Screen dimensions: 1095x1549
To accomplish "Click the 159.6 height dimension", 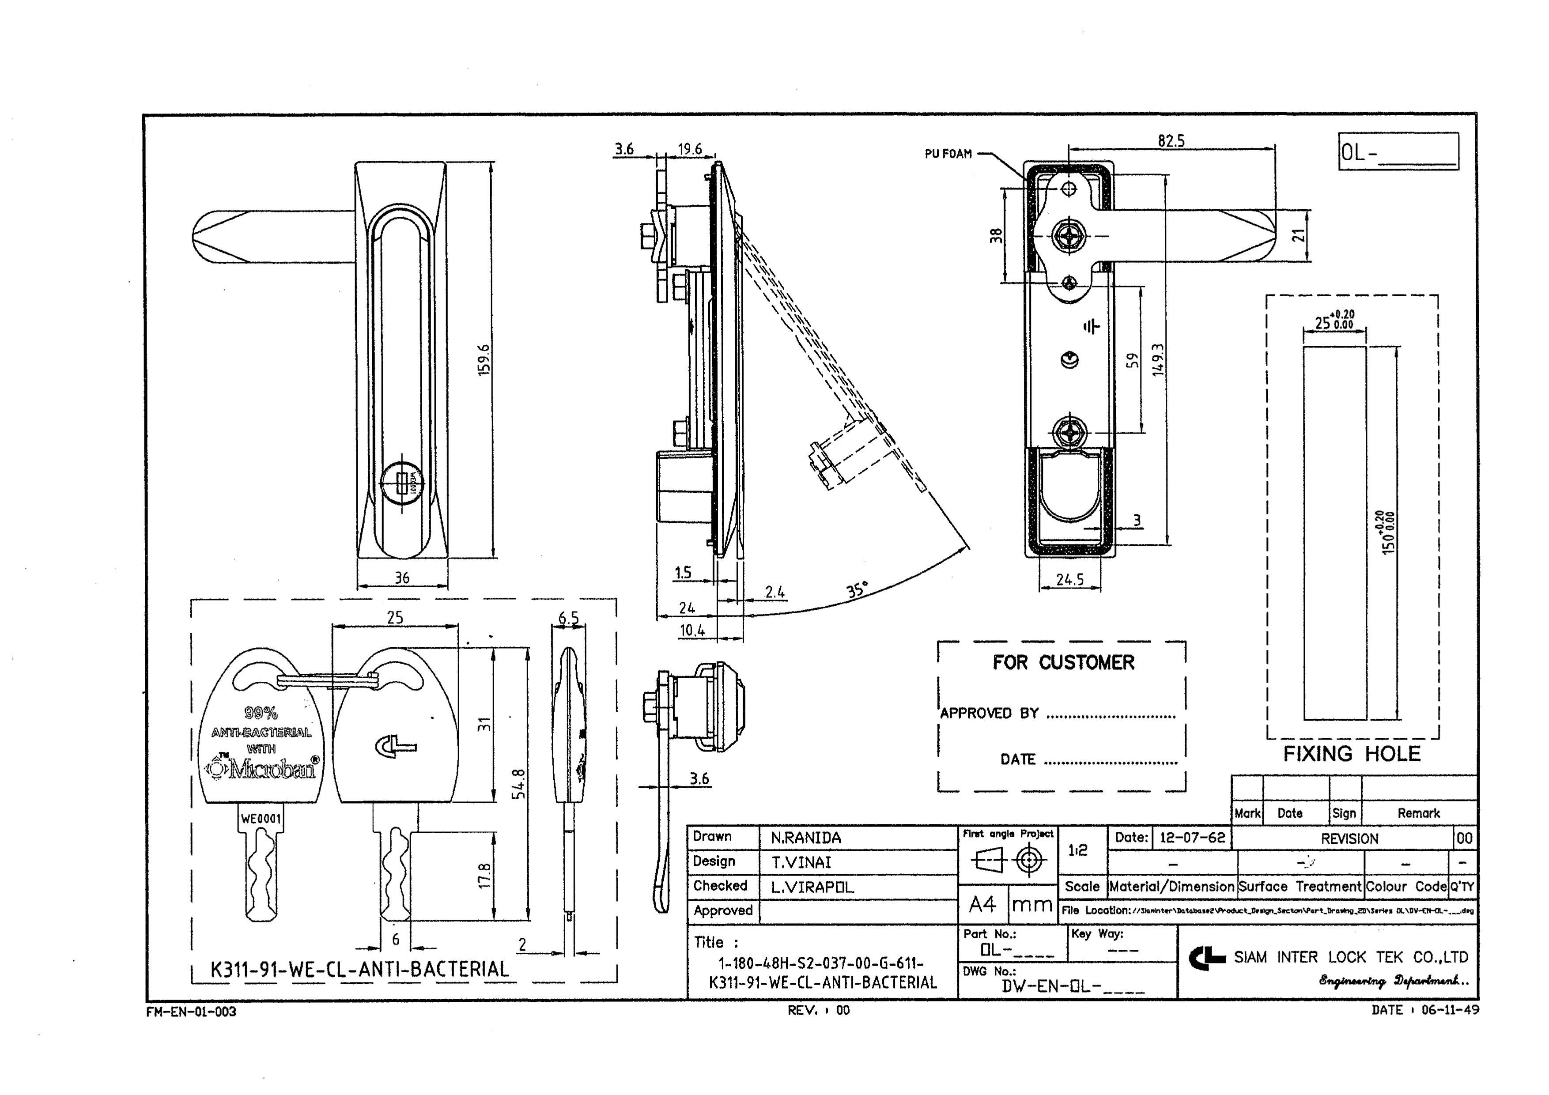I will pos(484,359).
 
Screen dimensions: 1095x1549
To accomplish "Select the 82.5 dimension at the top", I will pos(1171,140).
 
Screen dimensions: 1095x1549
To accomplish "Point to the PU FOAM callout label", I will pos(948,154).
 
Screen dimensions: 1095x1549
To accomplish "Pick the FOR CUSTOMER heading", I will pos(1063,663).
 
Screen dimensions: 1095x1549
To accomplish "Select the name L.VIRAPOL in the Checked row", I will pos(812,887).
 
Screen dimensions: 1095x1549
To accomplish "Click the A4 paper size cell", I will pos(982,904).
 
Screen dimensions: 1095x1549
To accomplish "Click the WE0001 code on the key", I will pos(261,819).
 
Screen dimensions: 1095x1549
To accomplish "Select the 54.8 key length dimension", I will pos(518,783).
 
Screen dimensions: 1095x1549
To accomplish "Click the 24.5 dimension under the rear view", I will pos(1070,579).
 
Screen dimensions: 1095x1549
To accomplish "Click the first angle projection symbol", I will pos(1009,860).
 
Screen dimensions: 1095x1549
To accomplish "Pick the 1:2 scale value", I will pos(1077,850).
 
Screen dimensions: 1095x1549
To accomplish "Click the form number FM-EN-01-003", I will pos(191,1012).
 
